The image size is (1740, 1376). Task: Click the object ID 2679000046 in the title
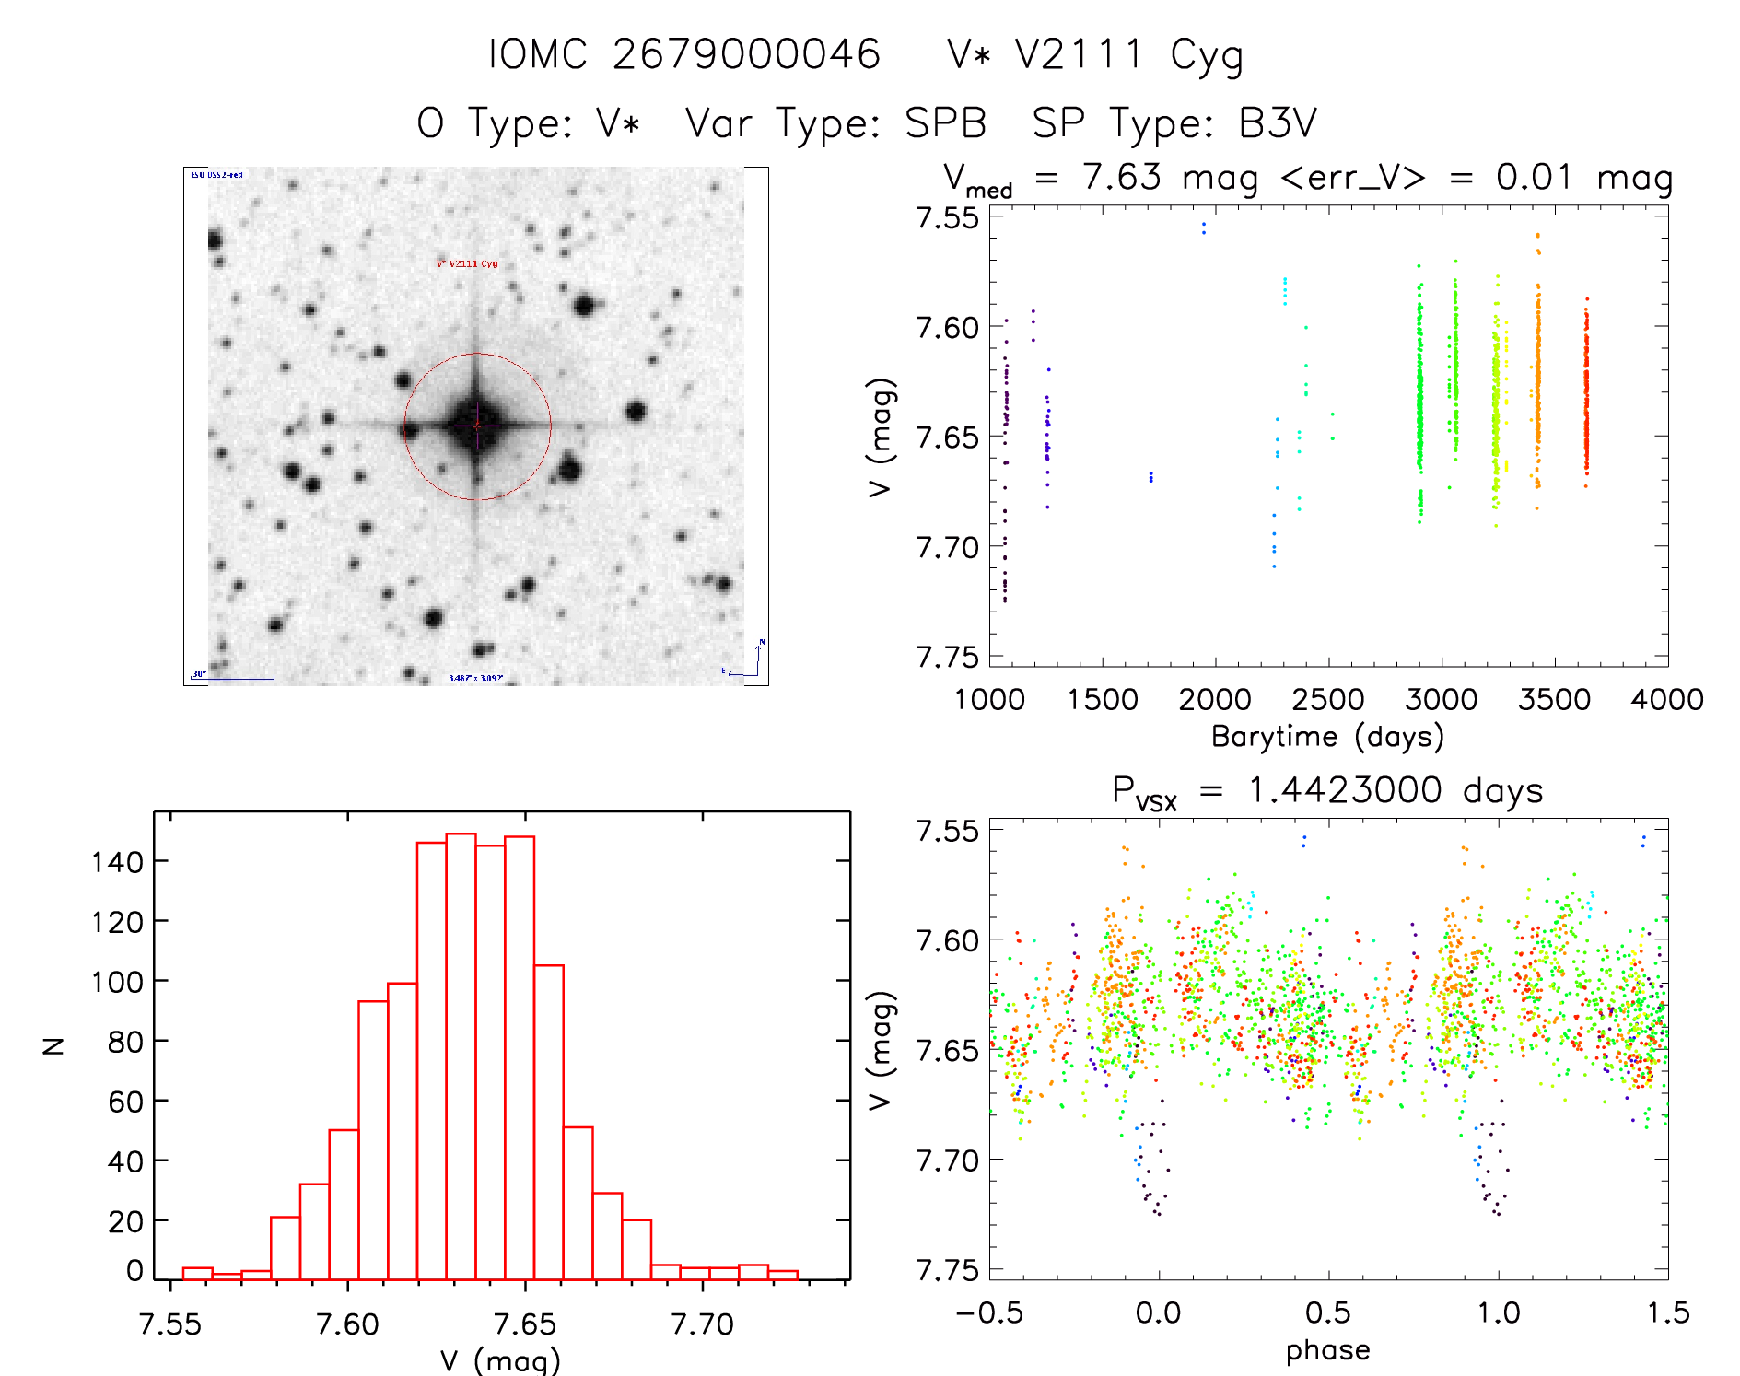[x=746, y=54]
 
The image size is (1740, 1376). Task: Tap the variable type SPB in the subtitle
[x=945, y=123]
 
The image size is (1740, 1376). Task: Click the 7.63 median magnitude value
[x=1122, y=177]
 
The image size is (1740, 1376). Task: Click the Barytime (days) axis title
[x=1327, y=737]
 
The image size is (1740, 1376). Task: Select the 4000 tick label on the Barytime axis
[x=1666, y=700]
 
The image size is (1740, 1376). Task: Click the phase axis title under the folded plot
[x=1327, y=1350]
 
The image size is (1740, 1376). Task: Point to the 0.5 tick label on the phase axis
[x=1327, y=1313]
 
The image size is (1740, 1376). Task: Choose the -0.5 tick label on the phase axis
[x=988, y=1313]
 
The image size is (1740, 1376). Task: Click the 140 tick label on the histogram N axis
[x=117, y=862]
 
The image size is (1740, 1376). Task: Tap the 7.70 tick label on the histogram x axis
[x=702, y=1324]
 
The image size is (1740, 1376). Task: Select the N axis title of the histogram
[x=53, y=1045]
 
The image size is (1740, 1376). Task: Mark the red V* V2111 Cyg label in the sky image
[x=467, y=263]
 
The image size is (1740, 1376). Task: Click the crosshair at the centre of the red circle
[x=476, y=426]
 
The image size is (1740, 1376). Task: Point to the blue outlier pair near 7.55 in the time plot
[x=1203, y=227]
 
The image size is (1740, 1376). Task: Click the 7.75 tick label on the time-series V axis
[x=947, y=657]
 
